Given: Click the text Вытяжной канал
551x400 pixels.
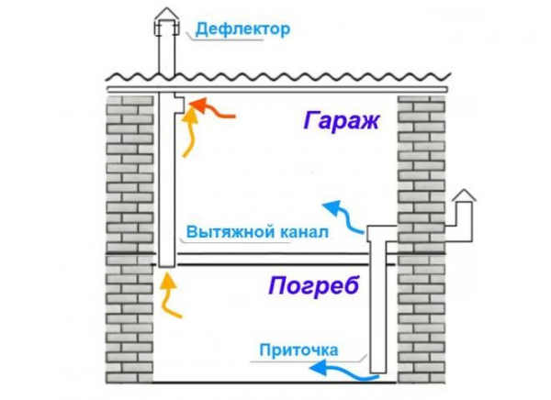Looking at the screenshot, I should [256, 232].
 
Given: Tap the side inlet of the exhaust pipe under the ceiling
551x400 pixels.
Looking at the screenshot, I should [180, 100].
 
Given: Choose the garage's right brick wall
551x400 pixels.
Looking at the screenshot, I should [422, 165].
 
